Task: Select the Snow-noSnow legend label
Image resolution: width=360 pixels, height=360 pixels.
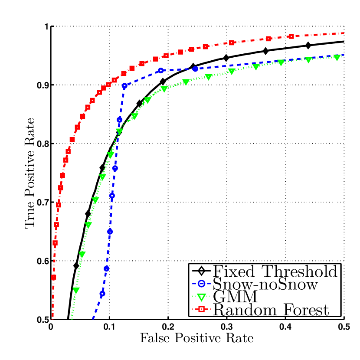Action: tap(265, 285)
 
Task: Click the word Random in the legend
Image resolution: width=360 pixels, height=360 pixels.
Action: tap(239, 310)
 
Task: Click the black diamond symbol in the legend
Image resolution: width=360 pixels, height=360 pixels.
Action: tap(201, 272)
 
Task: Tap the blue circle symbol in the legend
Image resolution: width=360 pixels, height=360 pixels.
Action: tap(201, 285)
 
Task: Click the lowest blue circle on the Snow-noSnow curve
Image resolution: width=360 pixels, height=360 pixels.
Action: tap(102, 294)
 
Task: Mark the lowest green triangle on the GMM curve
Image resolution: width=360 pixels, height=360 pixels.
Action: tap(76, 290)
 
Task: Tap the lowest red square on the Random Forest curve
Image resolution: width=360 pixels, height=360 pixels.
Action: tap(53, 277)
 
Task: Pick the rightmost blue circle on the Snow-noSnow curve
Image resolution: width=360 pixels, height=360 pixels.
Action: tap(195, 69)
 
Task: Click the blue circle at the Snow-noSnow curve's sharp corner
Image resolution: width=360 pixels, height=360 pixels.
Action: tap(124, 86)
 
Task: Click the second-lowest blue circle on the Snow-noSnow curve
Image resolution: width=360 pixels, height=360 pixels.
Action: tap(106, 268)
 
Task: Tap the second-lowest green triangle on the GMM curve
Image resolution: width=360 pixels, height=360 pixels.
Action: tap(82, 255)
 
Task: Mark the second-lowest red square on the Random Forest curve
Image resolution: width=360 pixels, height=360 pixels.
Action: tap(55, 243)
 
